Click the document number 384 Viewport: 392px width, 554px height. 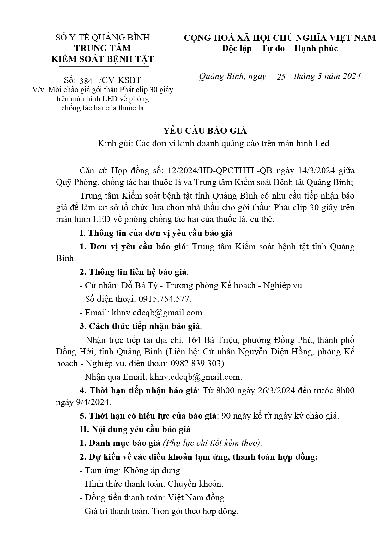(x=86, y=80)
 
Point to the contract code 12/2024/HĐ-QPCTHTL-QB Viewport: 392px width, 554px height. (x=220, y=171)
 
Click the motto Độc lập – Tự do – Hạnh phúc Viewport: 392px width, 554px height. (x=280, y=48)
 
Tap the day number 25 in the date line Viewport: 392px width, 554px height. (x=281, y=77)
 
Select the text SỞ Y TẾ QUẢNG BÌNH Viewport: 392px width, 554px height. (x=102, y=38)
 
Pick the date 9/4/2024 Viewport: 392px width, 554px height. (x=83, y=402)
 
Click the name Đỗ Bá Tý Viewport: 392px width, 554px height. (x=137, y=285)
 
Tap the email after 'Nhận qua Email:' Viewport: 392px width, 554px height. (x=196, y=377)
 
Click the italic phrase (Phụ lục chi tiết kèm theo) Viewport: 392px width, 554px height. (x=212, y=443)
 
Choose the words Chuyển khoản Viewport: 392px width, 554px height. (x=195, y=484)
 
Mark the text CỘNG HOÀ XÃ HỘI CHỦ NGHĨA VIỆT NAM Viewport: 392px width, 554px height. (x=280, y=38)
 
